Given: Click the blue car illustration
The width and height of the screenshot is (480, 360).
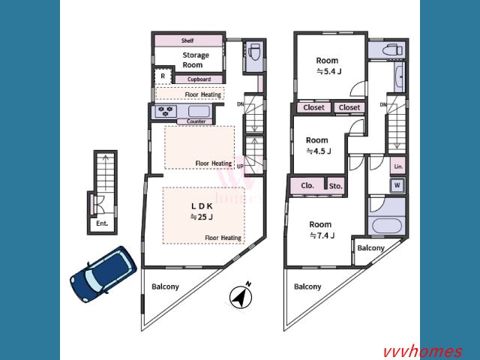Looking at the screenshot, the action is (x=103, y=274).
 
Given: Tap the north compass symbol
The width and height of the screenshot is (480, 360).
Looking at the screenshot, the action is (x=241, y=296).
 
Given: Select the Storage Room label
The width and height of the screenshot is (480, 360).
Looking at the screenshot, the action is (x=195, y=60).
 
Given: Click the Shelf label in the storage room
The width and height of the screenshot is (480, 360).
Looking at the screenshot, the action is (x=187, y=40).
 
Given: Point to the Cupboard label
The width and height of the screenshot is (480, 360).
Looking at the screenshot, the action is (x=199, y=79).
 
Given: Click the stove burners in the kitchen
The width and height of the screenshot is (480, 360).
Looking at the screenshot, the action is (x=166, y=111).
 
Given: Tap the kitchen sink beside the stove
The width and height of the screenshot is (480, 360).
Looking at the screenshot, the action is (x=199, y=111).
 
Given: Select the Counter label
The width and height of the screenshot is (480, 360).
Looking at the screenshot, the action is (x=196, y=121).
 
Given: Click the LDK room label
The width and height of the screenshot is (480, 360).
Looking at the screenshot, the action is (x=202, y=206).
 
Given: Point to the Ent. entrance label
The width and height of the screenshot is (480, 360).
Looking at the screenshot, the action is (x=102, y=223).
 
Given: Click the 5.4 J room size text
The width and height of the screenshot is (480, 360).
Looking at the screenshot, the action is (x=328, y=72).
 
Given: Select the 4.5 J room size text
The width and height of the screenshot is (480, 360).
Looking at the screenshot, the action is (x=319, y=151).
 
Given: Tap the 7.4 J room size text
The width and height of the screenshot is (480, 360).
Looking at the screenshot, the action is (x=322, y=235).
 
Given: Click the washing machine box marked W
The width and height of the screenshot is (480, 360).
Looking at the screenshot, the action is (x=397, y=185).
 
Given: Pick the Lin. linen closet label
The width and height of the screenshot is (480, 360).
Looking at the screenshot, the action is (x=398, y=166).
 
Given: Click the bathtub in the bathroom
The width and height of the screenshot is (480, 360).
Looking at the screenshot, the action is (x=387, y=226).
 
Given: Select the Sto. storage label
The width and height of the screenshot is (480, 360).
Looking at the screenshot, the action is (x=335, y=186).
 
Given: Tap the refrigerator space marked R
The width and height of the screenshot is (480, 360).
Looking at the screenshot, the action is (x=163, y=76).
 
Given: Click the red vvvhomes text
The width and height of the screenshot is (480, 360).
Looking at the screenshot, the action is (x=422, y=352).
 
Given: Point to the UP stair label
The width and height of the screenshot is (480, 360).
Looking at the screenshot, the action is (x=240, y=166).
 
